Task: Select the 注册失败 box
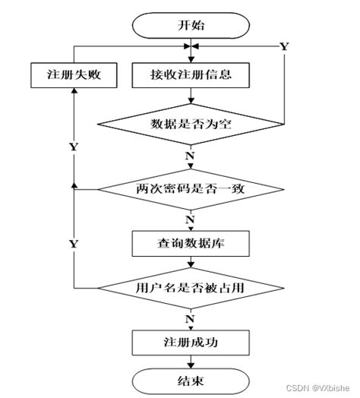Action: (73, 75)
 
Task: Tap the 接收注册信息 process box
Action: (192, 75)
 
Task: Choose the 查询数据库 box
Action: (192, 244)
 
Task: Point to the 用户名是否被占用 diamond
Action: (192, 289)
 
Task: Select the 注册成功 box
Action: (192, 341)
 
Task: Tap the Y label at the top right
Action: (284, 46)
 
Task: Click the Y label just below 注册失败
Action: (72, 144)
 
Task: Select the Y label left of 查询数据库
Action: (73, 244)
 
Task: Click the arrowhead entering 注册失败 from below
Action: (74, 90)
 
